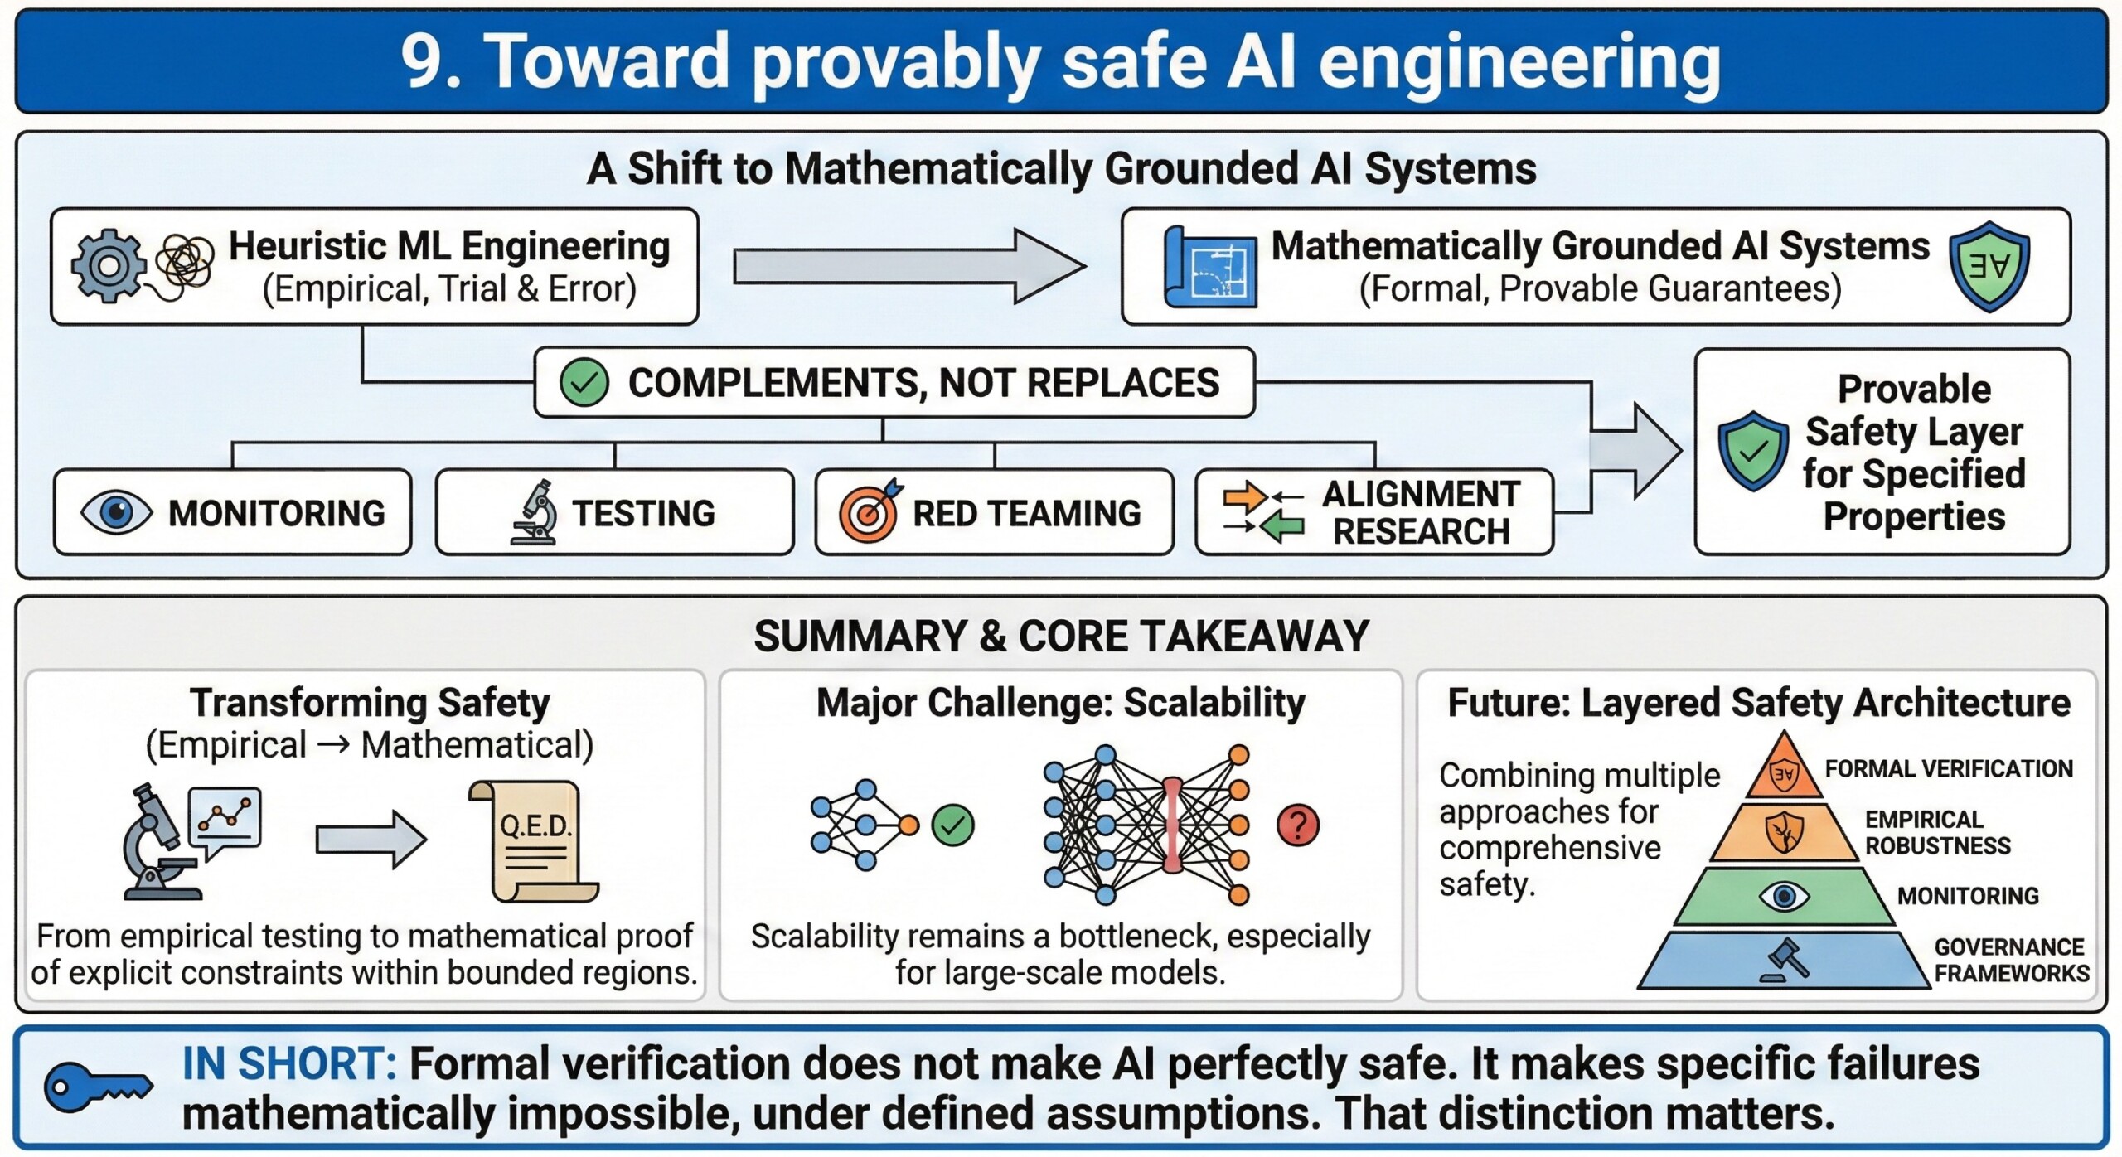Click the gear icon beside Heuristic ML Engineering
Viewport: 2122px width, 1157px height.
[108, 265]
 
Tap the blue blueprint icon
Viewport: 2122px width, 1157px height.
[1210, 268]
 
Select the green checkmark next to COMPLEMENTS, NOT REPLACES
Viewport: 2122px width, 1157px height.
[584, 383]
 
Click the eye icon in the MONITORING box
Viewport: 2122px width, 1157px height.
[116, 511]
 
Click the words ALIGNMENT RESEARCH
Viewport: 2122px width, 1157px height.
[1421, 512]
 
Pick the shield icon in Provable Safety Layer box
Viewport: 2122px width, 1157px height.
[1752, 451]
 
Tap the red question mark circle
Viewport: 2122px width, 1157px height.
[1297, 825]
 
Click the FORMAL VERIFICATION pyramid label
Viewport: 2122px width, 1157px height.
[1948, 769]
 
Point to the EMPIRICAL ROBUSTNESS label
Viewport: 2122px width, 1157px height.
[1937, 832]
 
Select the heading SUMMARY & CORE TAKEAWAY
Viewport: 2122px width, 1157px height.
[1061, 637]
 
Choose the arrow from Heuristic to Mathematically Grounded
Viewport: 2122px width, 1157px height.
[908, 266]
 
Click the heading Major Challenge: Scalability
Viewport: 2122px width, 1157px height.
[1060, 703]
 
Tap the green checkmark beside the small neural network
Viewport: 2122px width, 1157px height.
[952, 825]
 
